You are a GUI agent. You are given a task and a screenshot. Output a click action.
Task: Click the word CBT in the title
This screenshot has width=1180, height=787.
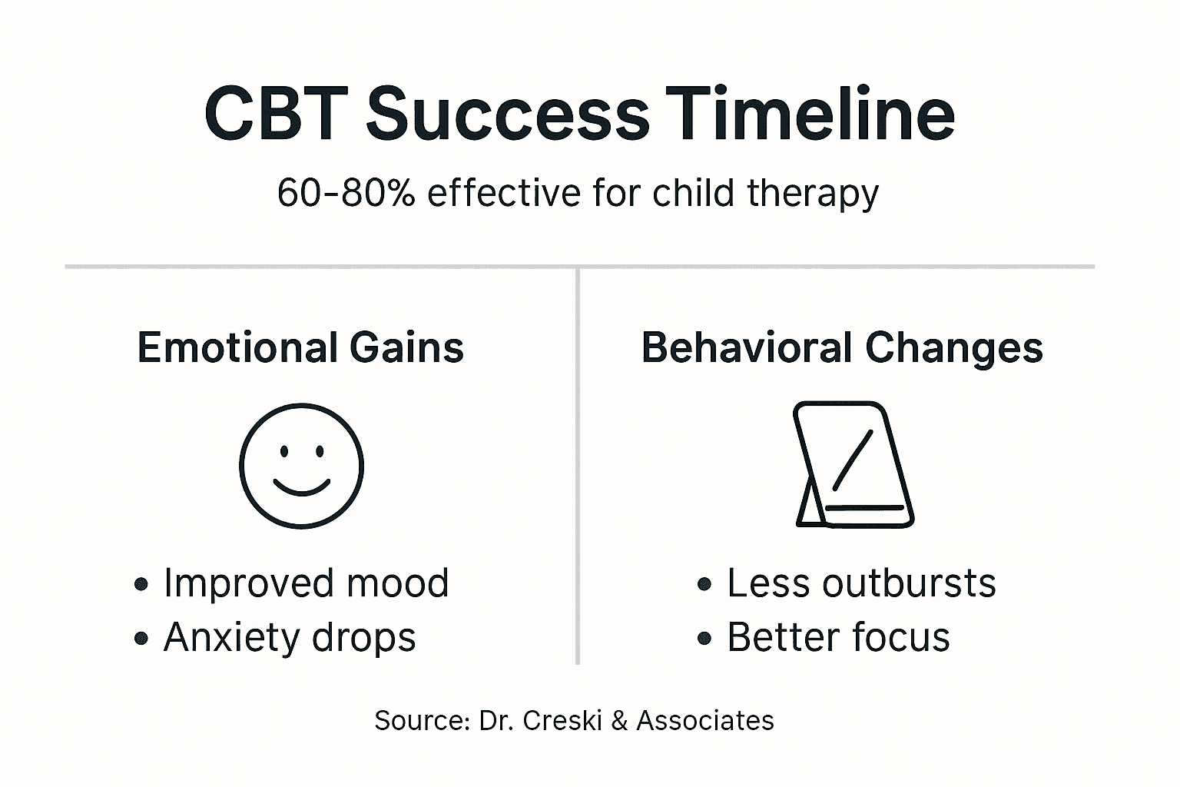click(x=276, y=114)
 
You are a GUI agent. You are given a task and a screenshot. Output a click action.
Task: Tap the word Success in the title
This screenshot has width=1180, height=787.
click(x=507, y=114)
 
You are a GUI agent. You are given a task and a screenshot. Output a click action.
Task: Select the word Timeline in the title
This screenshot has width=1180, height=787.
click(x=810, y=114)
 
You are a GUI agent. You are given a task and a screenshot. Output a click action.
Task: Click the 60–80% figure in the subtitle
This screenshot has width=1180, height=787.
click(x=346, y=193)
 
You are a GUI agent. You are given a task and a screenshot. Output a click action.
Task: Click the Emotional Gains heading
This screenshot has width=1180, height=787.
click(x=300, y=347)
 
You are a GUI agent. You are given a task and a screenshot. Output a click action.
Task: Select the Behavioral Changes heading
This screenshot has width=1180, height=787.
click(x=842, y=347)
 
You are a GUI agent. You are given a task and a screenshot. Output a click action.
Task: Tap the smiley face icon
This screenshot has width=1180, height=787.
click(x=301, y=466)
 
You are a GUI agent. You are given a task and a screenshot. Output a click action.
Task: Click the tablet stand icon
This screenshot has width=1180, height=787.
click(x=853, y=464)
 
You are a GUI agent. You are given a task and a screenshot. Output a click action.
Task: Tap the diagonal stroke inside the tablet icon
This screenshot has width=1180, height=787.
click(x=853, y=459)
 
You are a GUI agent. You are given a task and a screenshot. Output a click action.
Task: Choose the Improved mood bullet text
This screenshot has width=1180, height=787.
click(x=306, y=583)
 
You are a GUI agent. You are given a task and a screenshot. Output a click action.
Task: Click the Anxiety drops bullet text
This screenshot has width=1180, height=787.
click(x=290, y=637)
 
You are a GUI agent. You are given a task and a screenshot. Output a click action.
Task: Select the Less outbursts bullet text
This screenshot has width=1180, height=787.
click(x=861, y=583)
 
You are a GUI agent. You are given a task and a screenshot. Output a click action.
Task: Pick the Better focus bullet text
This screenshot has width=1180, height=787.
click(x=838, y=637)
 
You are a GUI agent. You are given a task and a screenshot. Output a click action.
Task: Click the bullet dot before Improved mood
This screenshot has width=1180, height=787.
click(x=141, y=585)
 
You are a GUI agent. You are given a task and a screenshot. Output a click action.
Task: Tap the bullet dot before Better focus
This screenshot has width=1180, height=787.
click(x=704, y=639)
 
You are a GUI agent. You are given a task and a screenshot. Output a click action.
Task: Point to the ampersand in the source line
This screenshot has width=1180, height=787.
click(x=619, y=721)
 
